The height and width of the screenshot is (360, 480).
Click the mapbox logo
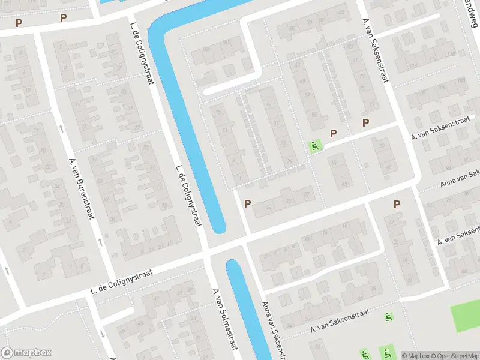tap(26, 353)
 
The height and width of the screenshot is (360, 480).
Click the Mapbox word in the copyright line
tap(415, 356)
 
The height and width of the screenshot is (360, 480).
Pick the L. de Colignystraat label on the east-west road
tap(121, 281)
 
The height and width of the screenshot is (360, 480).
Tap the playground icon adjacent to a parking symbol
tap(314, 146)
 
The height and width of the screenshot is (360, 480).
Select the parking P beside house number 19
tap(247, 204)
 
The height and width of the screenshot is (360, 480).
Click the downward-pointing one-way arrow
tap(103, 332)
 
